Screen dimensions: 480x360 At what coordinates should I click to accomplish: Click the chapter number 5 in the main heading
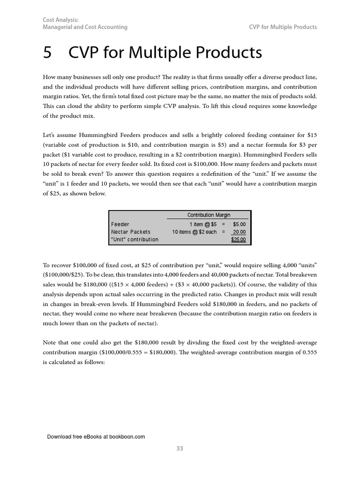click(x=47, y=53)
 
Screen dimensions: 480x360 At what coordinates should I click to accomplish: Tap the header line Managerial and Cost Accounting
click(x=85, y=27)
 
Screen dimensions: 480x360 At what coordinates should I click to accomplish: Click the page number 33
click(x=180, y=449)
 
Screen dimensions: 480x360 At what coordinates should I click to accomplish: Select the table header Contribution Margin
click(x=209, y=215)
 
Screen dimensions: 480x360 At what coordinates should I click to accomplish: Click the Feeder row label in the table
click(x=120, y=225)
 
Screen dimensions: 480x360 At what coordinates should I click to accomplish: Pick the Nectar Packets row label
click(x=131, y=232)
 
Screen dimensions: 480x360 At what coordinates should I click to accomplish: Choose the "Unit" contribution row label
click(x=135, y=240)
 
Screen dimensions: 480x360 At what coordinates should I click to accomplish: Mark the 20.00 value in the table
click(x=239, y=232)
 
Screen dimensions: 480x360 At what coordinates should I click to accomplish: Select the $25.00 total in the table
click(x=239, y=240)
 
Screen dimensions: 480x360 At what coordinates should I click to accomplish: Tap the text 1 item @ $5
click(x=203, y=225)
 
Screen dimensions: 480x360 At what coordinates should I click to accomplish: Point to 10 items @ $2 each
click(x=195, y=232)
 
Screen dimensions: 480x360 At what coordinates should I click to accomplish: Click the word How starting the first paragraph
click(x=50, y=77)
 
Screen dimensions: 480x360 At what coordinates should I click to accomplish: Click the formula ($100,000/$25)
click(x=63, y=275)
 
